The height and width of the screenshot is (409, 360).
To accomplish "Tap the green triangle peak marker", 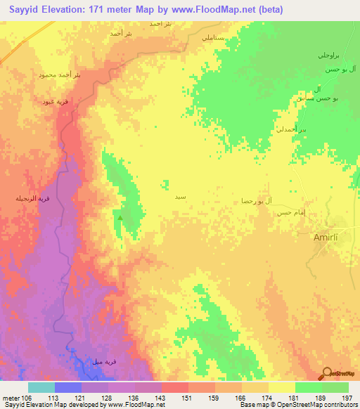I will (x=120, y=218).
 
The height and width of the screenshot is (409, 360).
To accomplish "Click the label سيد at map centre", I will (x=181, y=198).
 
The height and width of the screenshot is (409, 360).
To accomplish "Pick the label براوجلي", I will (x=329, y=54).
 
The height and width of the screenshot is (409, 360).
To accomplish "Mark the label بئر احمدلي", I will (x=294, y=131).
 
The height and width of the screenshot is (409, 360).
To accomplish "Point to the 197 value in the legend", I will (x=347, y=398).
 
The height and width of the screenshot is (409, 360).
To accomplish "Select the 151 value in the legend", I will (x=187, y=398).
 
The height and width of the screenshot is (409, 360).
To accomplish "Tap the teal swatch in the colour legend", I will (x=41, y=387).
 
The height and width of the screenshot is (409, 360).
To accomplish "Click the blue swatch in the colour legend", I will (x=68, y=387).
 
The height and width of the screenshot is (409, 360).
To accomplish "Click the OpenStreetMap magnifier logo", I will (x=326, y=372).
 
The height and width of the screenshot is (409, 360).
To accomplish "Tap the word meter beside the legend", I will (x=11, y=398).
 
